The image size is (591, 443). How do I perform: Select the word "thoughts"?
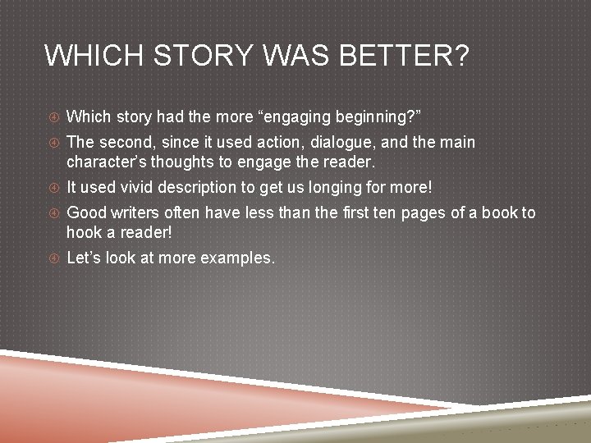coord(185,161)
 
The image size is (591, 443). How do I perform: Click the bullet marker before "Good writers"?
coord(53,214)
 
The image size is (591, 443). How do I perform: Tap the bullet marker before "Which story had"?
coord(53,116)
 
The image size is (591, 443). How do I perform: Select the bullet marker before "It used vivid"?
coord(53,188)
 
